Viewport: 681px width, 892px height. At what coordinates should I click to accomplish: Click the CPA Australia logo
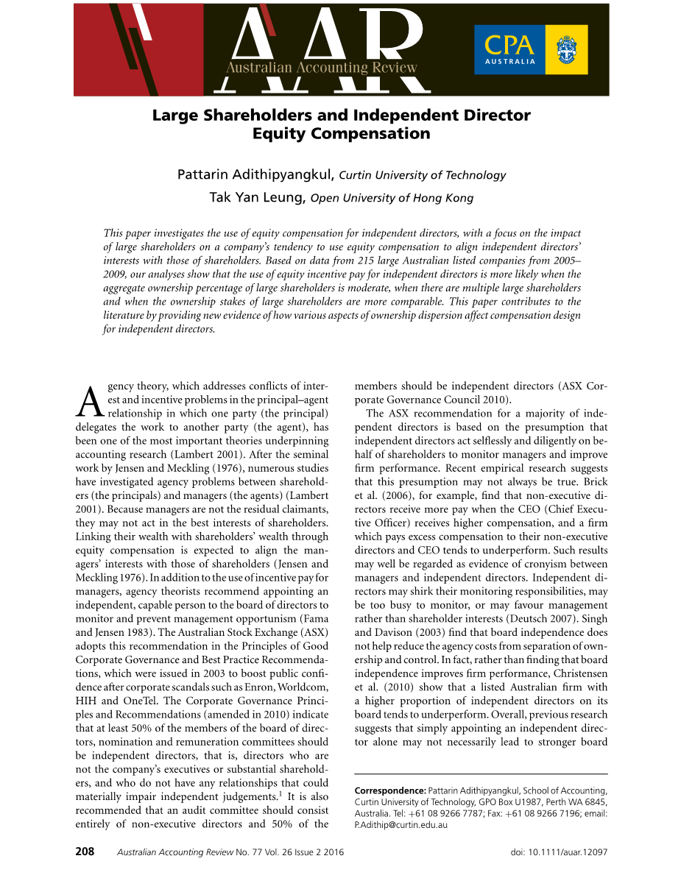[x=530, y=49]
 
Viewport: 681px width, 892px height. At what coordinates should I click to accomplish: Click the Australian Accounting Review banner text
[x=322, y=68]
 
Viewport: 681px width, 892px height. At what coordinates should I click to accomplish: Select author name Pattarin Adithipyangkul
[x=255, y=175]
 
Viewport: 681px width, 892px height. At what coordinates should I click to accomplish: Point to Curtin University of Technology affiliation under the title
[x=422, y=175]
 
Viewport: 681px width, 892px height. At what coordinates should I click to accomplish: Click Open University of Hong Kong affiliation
[x=392, y=198]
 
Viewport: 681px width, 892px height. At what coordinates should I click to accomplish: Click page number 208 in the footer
[x=85, y=852]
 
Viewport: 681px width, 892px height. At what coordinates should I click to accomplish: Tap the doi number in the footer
[x=576, y=852]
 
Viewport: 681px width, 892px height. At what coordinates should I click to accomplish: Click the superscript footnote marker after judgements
[x=279, y=793]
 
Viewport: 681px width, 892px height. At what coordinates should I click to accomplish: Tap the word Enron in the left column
[x=237, y=687]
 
